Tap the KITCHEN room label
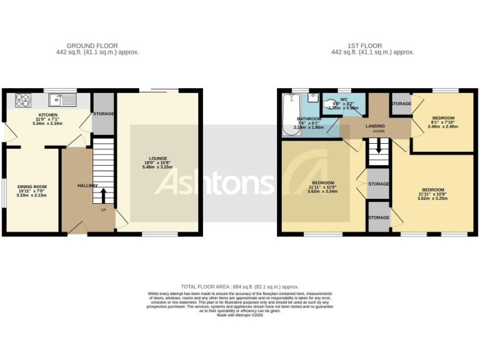[47, 115]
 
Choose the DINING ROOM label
[31, 186]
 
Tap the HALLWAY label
[87, 186]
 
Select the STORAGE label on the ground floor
[103, 114]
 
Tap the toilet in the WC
[331, 107]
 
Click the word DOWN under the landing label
[379, 132]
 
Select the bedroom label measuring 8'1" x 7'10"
[443, 118]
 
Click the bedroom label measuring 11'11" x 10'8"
[433, 189]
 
